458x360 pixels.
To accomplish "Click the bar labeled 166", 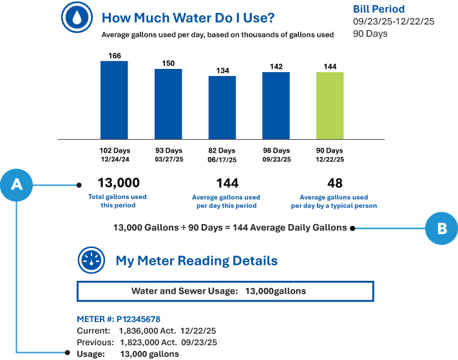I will point(114,100).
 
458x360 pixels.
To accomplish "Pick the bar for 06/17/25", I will point(222,108).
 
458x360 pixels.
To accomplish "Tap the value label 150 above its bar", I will point(168,63).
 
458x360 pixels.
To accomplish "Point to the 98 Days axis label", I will point(276,150).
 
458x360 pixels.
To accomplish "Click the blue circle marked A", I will point(17,185).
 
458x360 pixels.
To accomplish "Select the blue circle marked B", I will point(441,227).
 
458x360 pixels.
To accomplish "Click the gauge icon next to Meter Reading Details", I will point(91,261).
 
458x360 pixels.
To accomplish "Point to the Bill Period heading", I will point(379,9).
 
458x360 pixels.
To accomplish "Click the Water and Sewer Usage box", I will point(225,291).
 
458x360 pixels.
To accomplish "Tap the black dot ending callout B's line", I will point(352,228).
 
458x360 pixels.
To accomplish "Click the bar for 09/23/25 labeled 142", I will point(276,105).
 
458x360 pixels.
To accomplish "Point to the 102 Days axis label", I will point(114,150).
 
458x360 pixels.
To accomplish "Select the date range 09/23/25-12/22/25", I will point(394,21).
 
